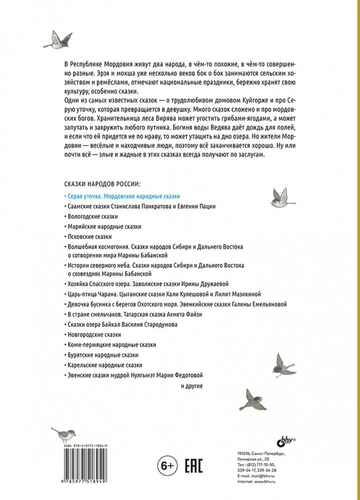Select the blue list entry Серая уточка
point(123,196)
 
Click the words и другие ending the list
point(191,386)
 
